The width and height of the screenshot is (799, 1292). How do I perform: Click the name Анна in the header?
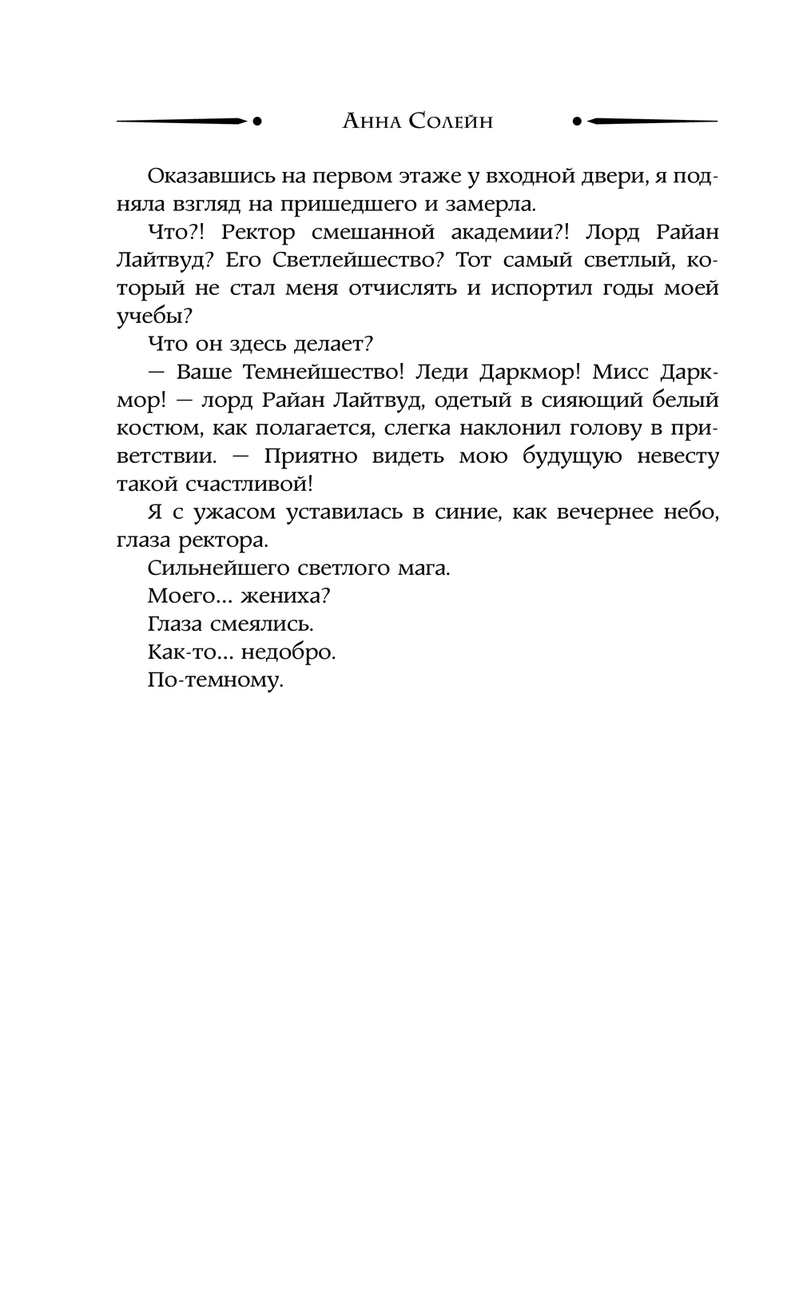pyautogui.click(x=371, y=122)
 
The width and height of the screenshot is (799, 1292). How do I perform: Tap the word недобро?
pyautogui.click(x=288, y=652)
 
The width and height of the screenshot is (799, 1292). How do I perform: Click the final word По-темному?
pyautogui.click(x=216, y=680)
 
